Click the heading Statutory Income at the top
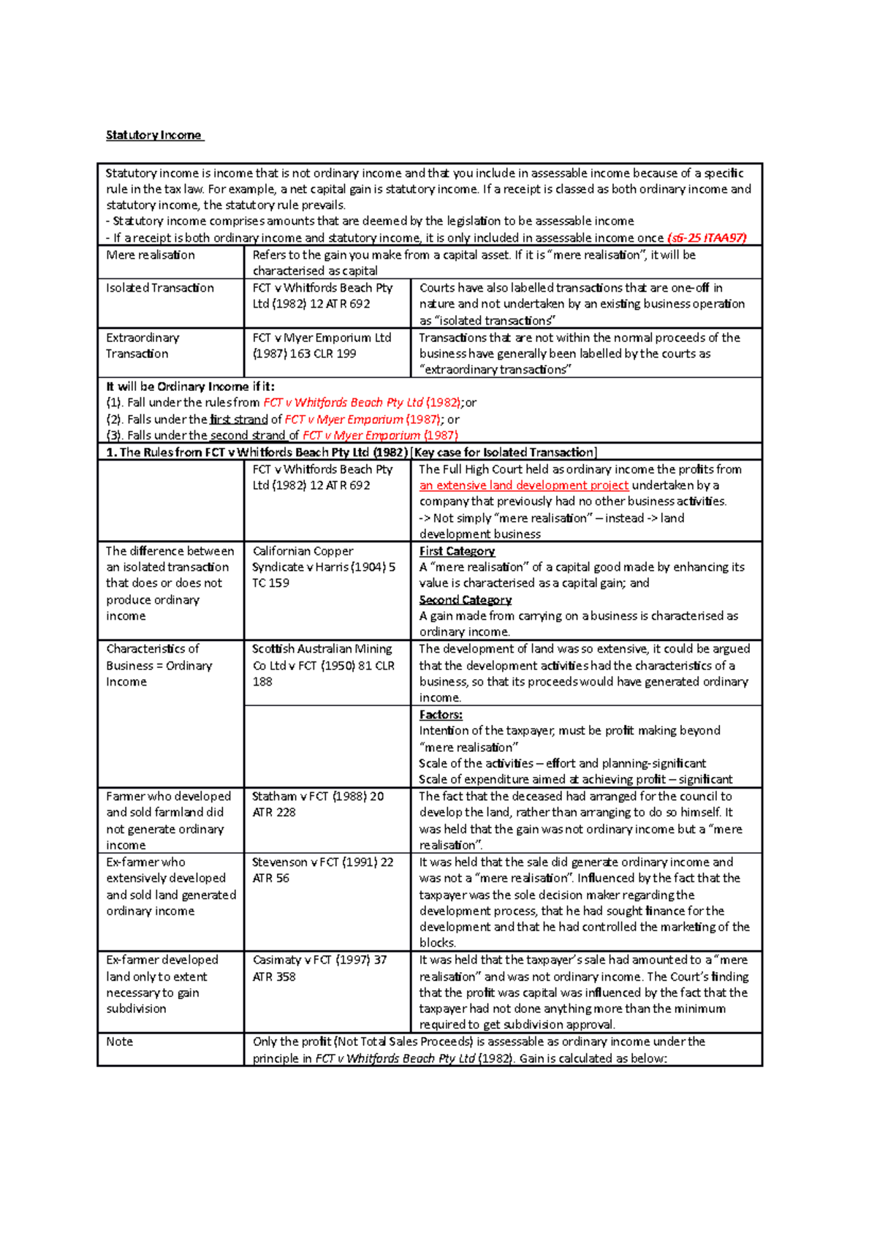point(153,135)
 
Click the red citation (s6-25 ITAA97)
point(707,238)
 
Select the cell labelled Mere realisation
point(151,255)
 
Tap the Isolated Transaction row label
point(160,288)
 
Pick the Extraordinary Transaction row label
point(143,346)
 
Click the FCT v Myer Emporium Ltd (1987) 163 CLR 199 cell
point(322,346)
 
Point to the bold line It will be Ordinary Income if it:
point(190,387)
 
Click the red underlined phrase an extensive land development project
point(523,485)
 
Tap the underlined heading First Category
point(457,551)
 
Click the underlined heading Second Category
point(465,600)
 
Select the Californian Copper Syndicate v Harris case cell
point(323,567)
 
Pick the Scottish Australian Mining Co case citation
point(323,665)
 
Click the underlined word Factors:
point(441,715)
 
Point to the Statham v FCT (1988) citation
point(317,804)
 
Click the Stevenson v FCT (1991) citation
point(322,870)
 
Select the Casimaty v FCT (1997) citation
point(319,968)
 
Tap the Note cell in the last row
point(120,1041)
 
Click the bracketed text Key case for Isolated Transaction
point(504,452)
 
